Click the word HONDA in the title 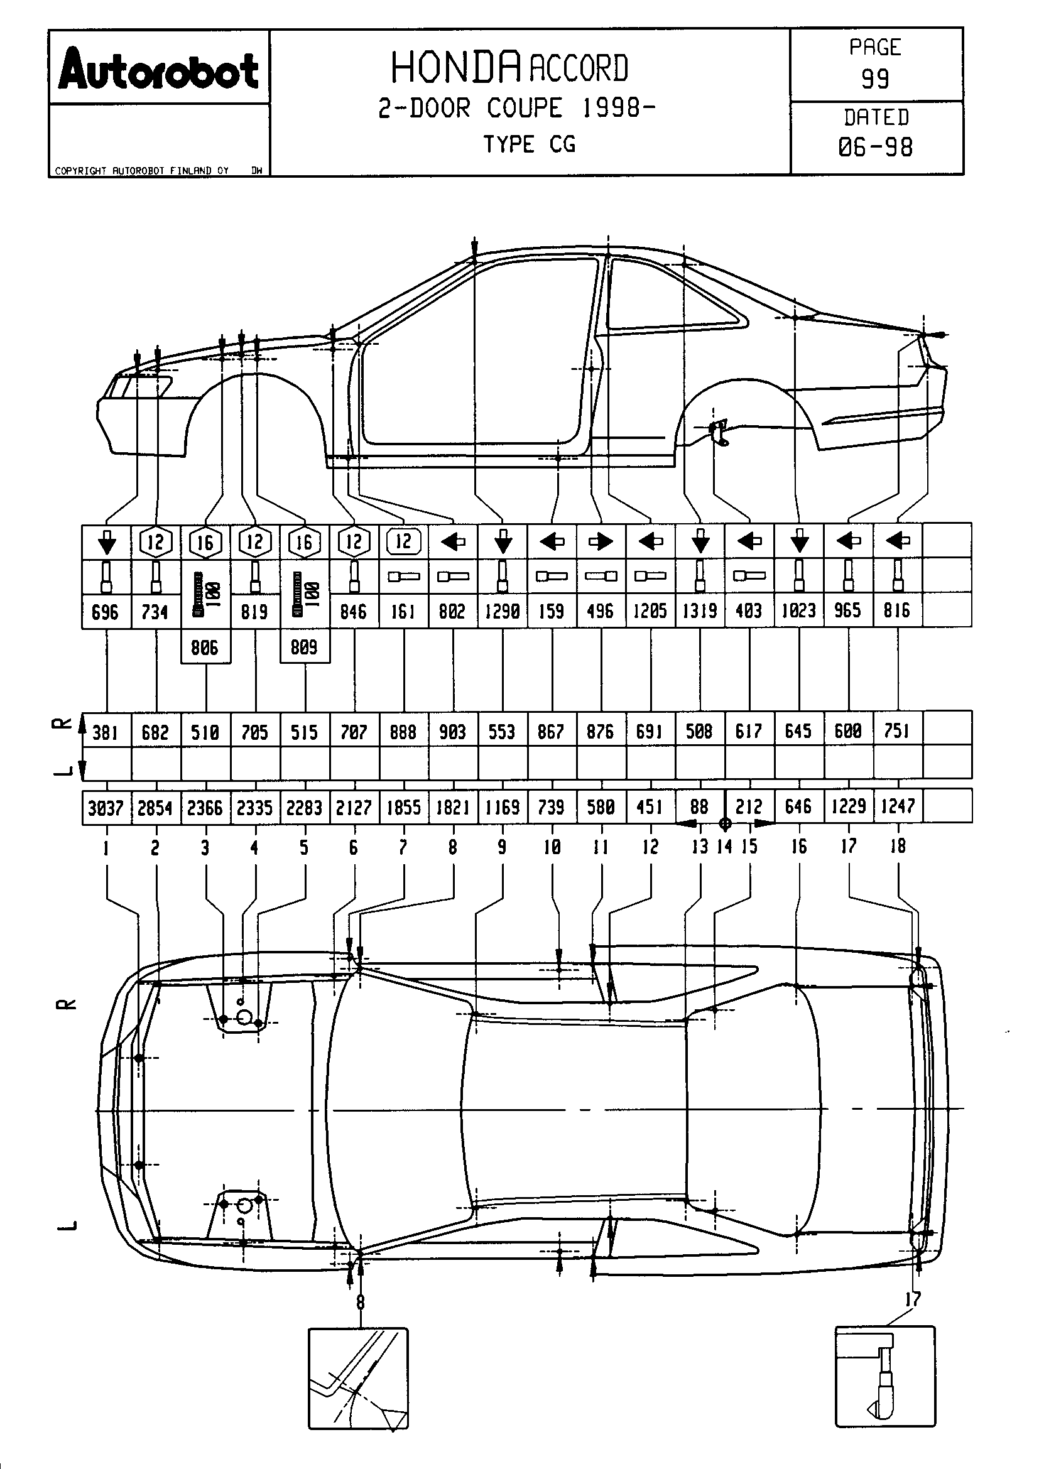[x=455, y=68]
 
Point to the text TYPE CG [x=529, y=144]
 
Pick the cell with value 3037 [x=106, y=808]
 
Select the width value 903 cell [x=452, y=731]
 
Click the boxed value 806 [x=205, y=648]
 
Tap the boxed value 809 [x=304, y=648]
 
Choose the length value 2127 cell [x=354, y=808]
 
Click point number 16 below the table [x=798, y=847]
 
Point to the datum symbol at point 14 [x=725, y=823]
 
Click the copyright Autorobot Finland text [x=141, y=171]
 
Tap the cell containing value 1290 [x=503, y=611]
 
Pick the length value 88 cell [x=699, y=806]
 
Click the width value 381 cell [x=106, y=731]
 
